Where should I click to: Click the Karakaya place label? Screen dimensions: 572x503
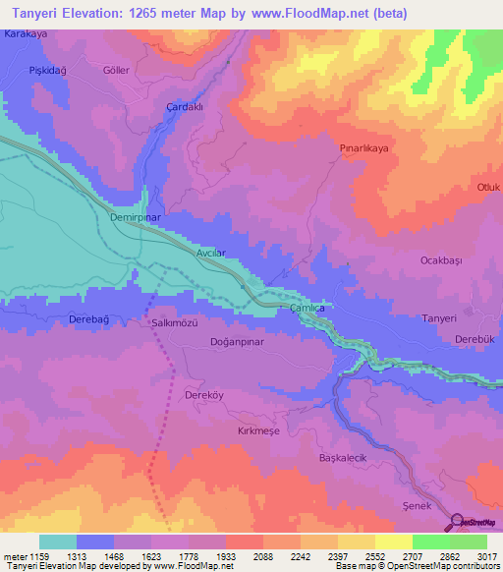tap(26, 33)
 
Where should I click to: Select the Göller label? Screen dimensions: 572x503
tap(116, 71)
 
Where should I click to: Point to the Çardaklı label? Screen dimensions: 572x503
tap(185, 108)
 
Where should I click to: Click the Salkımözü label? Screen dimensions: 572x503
tap(174, 322)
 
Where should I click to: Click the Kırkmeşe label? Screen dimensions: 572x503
tap(259, 431)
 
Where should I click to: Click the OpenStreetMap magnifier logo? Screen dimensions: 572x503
tap(457, 522)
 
